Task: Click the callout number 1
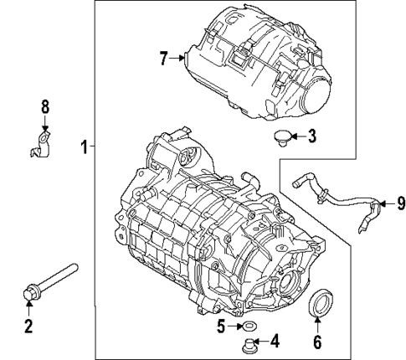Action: click(x=85, y=148)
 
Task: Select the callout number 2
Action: click(x=28, y=326)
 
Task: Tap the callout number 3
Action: click(x=311, y=136)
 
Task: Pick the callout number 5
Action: click(x=220, y=326)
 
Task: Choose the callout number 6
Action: click(x=317, y=341)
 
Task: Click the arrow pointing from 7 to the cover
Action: click(x=178, y=58)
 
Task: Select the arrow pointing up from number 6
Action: click(x=317, y=324)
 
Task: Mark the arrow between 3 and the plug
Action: click(x=298, y=136)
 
